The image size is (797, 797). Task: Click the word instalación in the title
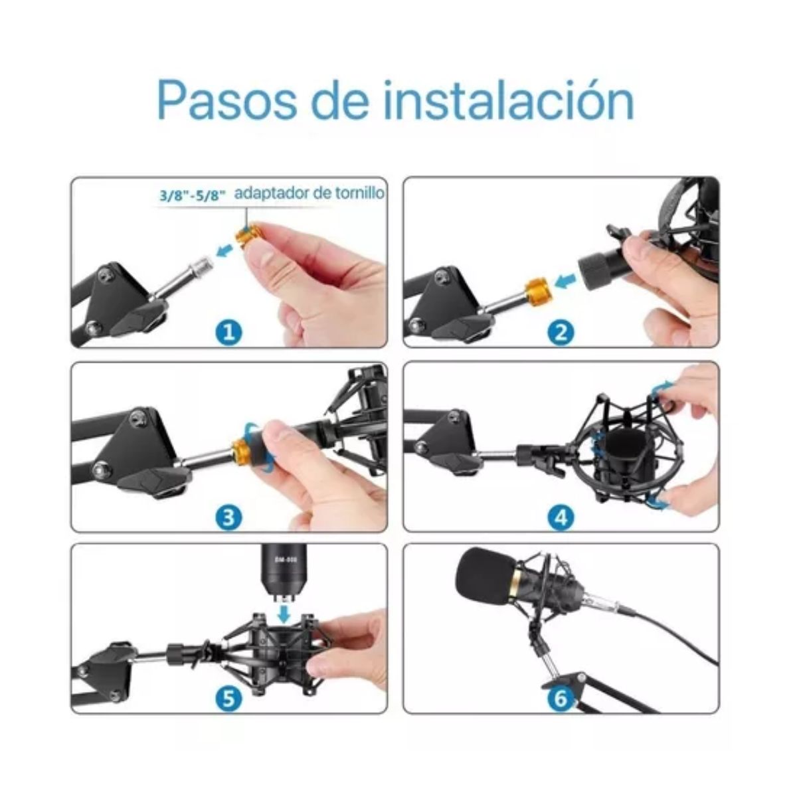coord(509,100)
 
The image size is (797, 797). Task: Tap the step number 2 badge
coord(561,330)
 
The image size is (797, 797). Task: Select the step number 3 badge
coord(229,517)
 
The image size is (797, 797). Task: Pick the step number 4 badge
coord(561,516)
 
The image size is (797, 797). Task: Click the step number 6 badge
coord(561,697)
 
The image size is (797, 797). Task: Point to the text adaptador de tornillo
coord(310,193)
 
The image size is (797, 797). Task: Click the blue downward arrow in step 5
coord(284,612)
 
